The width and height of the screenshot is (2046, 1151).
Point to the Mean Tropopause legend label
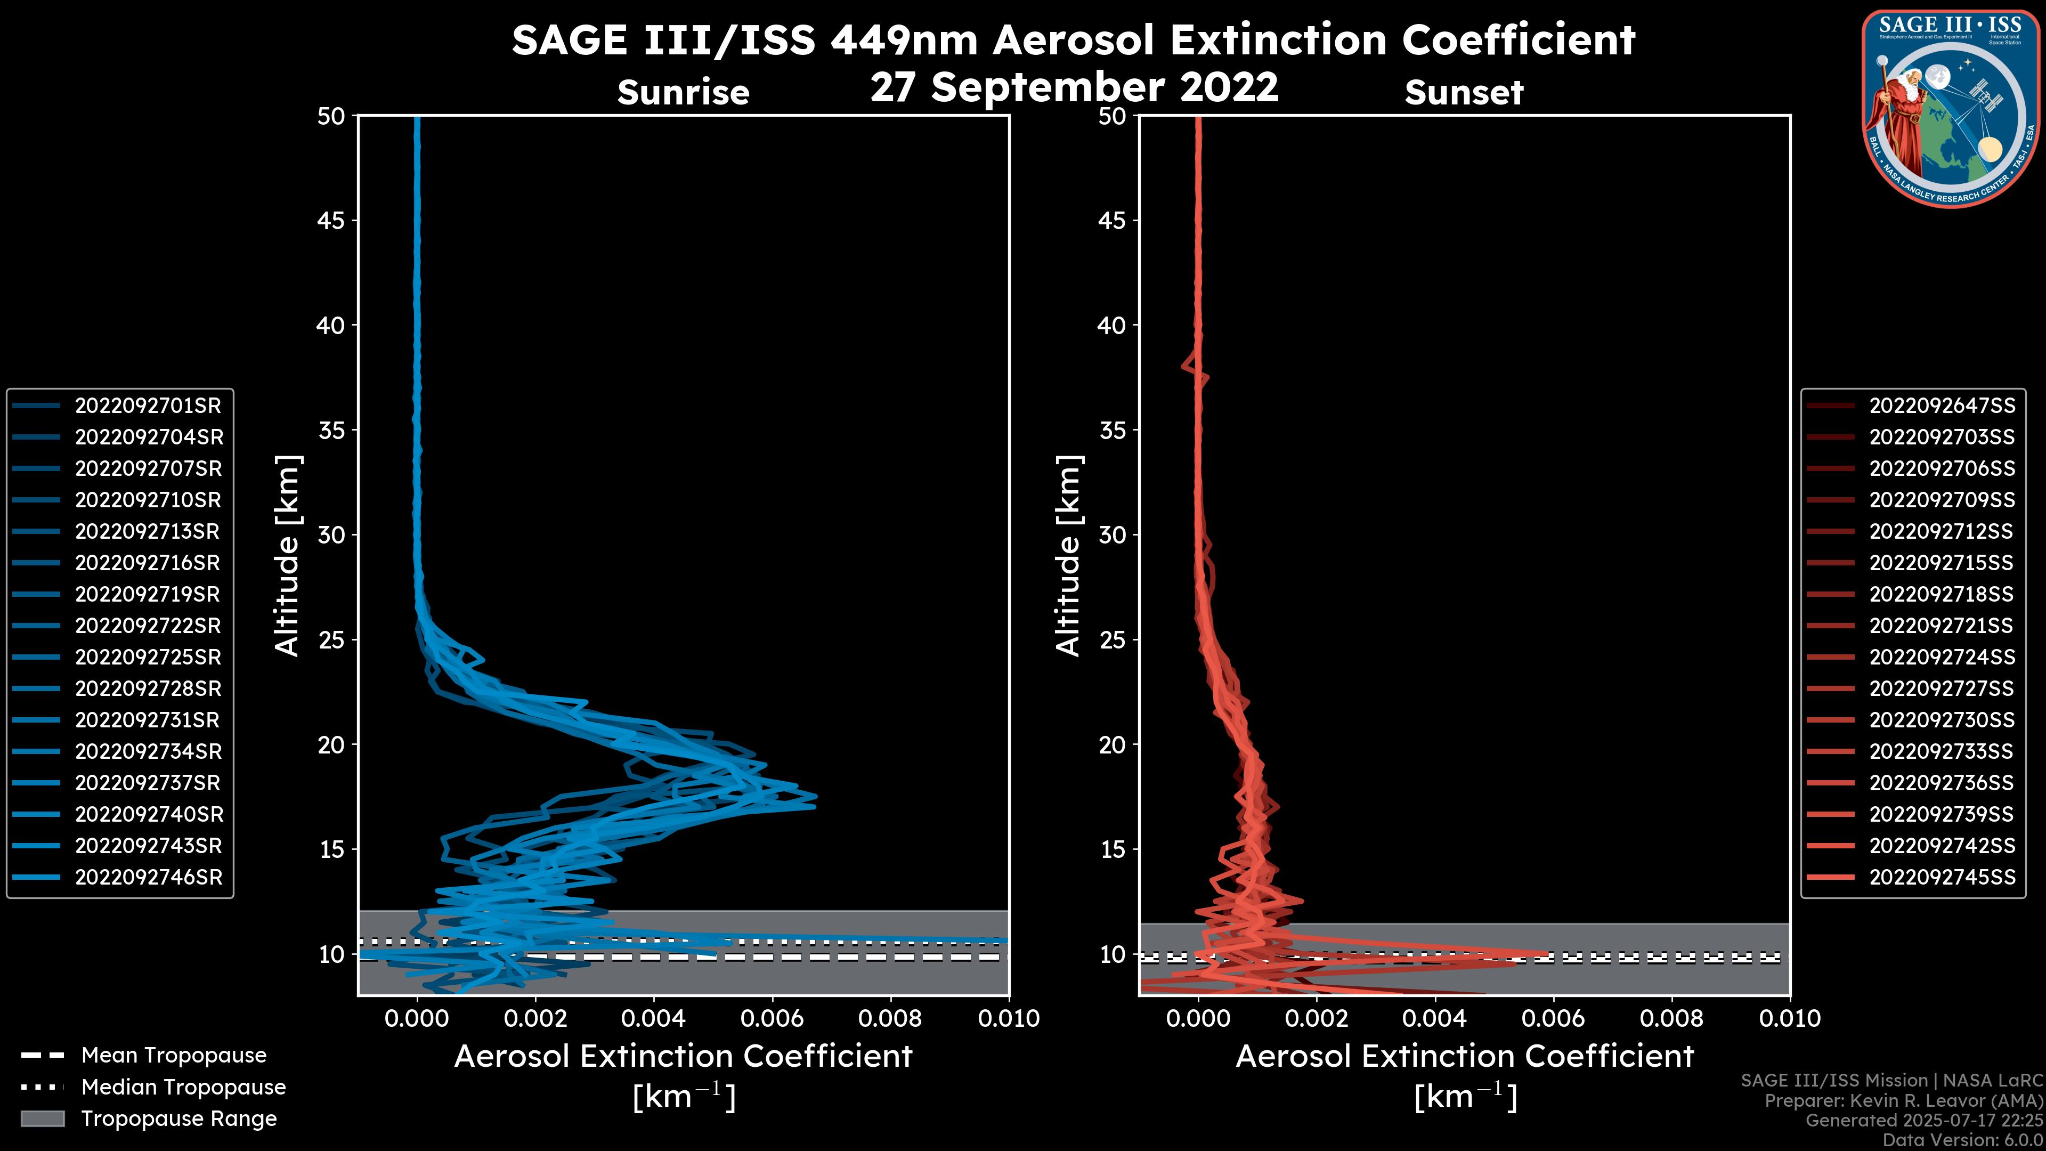(174, 1056)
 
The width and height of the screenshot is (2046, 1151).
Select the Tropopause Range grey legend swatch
(42, 1118)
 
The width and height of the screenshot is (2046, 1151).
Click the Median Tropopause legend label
(183, 1088)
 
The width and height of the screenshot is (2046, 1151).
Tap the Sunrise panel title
(683, 93)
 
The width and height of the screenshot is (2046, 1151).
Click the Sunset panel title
(1464, 93)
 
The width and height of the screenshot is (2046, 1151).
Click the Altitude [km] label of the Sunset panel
(1069, 556)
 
